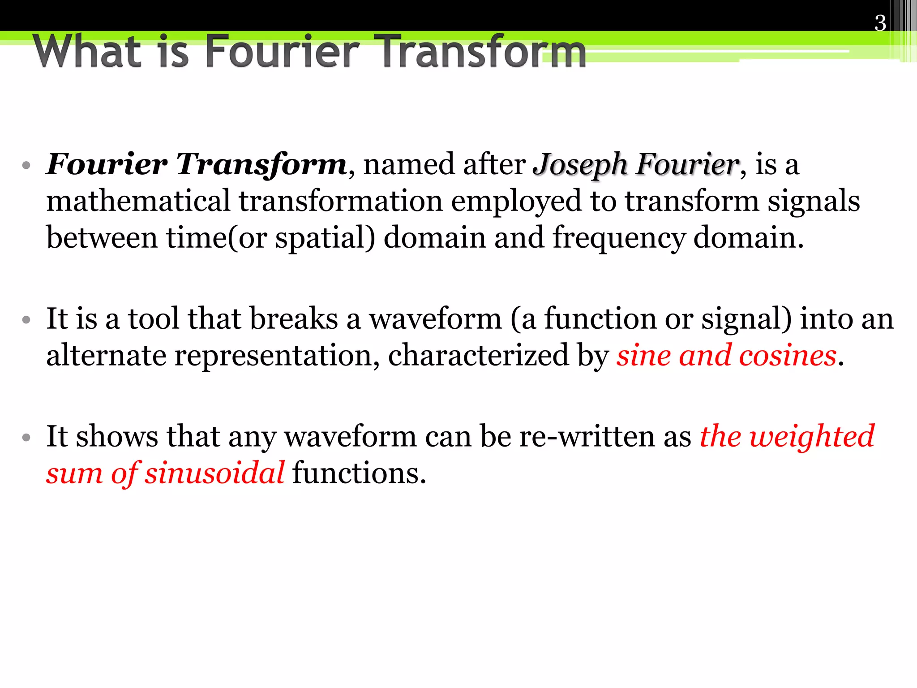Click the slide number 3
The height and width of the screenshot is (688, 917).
[880, 23]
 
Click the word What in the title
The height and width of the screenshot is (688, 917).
[87, 51]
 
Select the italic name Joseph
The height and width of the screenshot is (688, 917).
[580, 165]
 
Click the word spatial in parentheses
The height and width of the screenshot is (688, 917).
[319, 238]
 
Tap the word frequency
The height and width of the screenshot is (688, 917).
[618, 238]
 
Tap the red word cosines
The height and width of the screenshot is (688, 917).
[788, 356]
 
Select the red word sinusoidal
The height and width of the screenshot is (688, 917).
[214, 473]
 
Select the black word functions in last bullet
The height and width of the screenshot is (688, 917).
[358, 473]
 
